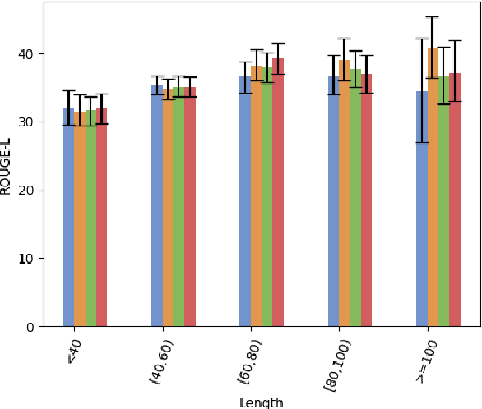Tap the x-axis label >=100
click(x=426, y=362)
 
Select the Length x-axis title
click(x=262, y=402)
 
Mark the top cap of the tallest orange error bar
click(x=433, y=16)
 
